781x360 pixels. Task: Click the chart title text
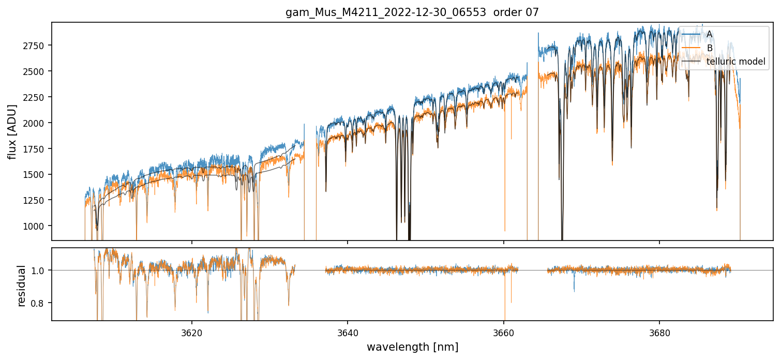(412, 12)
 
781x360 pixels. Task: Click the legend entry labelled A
(710, 34)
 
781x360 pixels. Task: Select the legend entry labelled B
(710, 48)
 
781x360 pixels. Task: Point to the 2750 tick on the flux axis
(35, 46)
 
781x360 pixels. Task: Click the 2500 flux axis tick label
(35, 71)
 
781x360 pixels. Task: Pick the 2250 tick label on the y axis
(35, 97)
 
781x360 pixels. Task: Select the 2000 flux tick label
(35, 123)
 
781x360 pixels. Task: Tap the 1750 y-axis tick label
(35, 149)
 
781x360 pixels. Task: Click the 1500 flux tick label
(35, 174)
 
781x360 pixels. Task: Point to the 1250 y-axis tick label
(35, 200)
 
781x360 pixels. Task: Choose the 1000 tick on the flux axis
(35, 226)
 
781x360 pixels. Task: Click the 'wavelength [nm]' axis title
(412, 347)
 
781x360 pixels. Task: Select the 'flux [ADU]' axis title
(12, 131)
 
